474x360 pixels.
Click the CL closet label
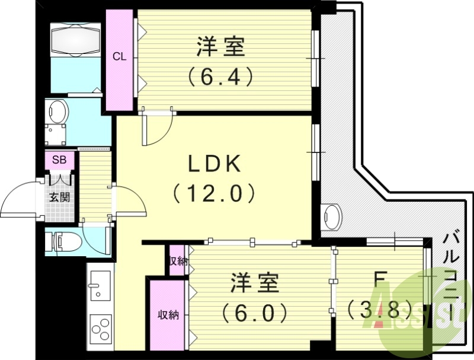tap(120, 58)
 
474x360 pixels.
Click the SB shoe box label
tap(59, 160)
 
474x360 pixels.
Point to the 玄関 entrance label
tap(59, 196)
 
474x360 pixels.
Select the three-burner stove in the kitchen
tap(100, 328)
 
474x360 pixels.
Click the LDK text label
tap(214, 164)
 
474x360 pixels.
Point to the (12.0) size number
tap(214, 193)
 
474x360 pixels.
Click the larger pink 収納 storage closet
tap(168, 315)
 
